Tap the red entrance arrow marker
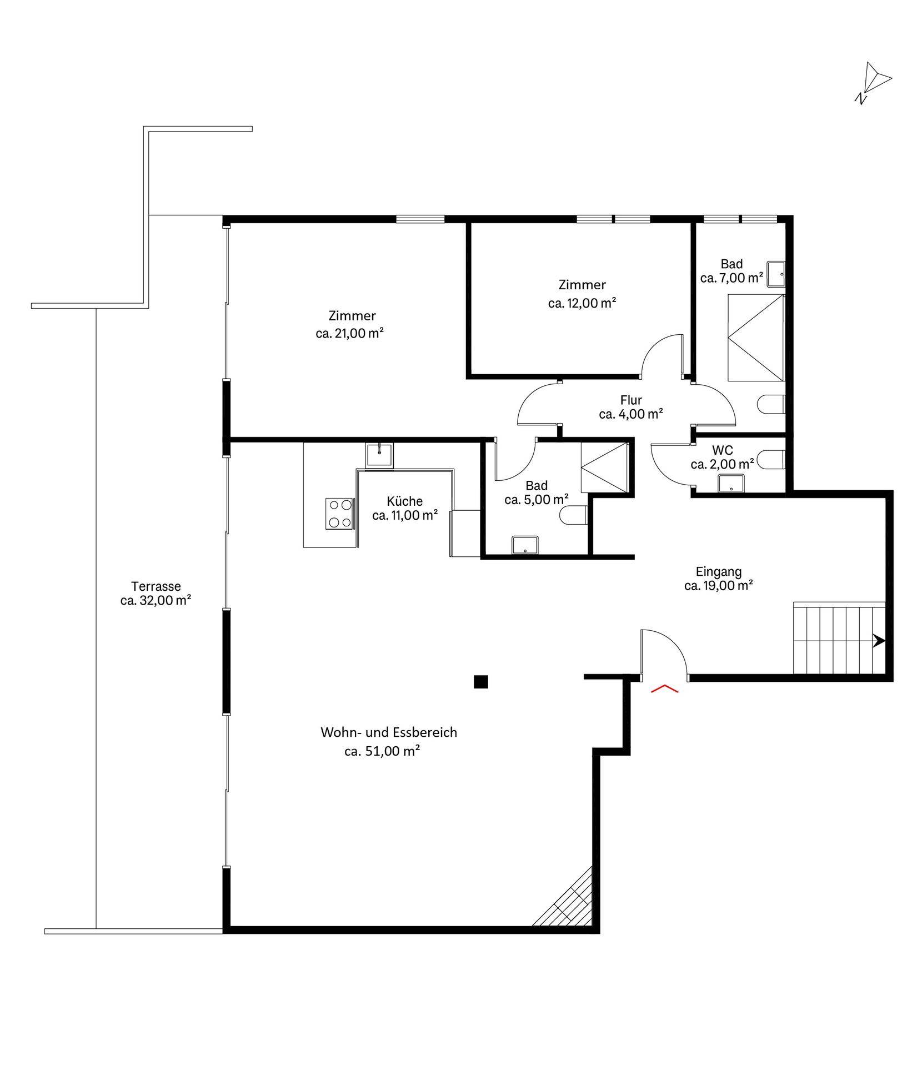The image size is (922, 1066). [664, 690]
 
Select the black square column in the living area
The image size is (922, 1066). [480, 682]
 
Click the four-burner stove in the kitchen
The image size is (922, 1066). [339, 514]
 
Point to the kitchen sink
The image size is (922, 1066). [379, 455]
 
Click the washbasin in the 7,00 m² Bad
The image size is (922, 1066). [776, 274]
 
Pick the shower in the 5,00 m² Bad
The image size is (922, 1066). [604, 467]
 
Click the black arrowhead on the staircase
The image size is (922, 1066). [879, 641]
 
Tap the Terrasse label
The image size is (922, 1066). [156, 586]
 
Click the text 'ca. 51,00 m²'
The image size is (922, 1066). [382, 752]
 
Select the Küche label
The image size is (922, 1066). [405, 501]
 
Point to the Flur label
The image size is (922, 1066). [631, 400]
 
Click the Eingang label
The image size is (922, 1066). [719, 571]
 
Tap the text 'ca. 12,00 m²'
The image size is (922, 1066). [582, 303]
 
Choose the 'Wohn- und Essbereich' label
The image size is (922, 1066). [389, 732]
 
